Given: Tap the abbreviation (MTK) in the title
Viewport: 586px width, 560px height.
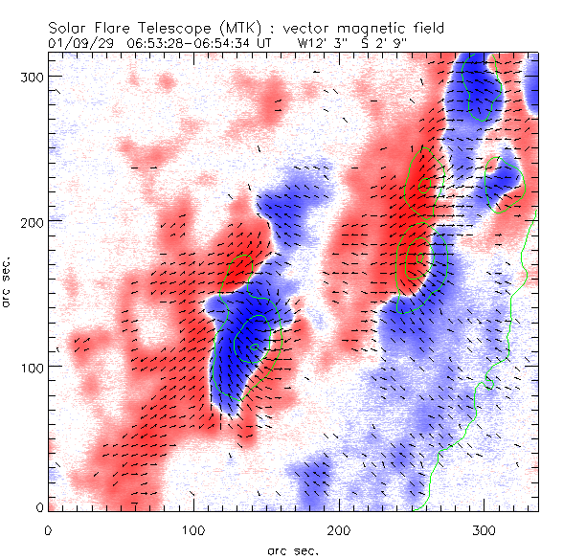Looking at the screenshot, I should click(233, 29).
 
